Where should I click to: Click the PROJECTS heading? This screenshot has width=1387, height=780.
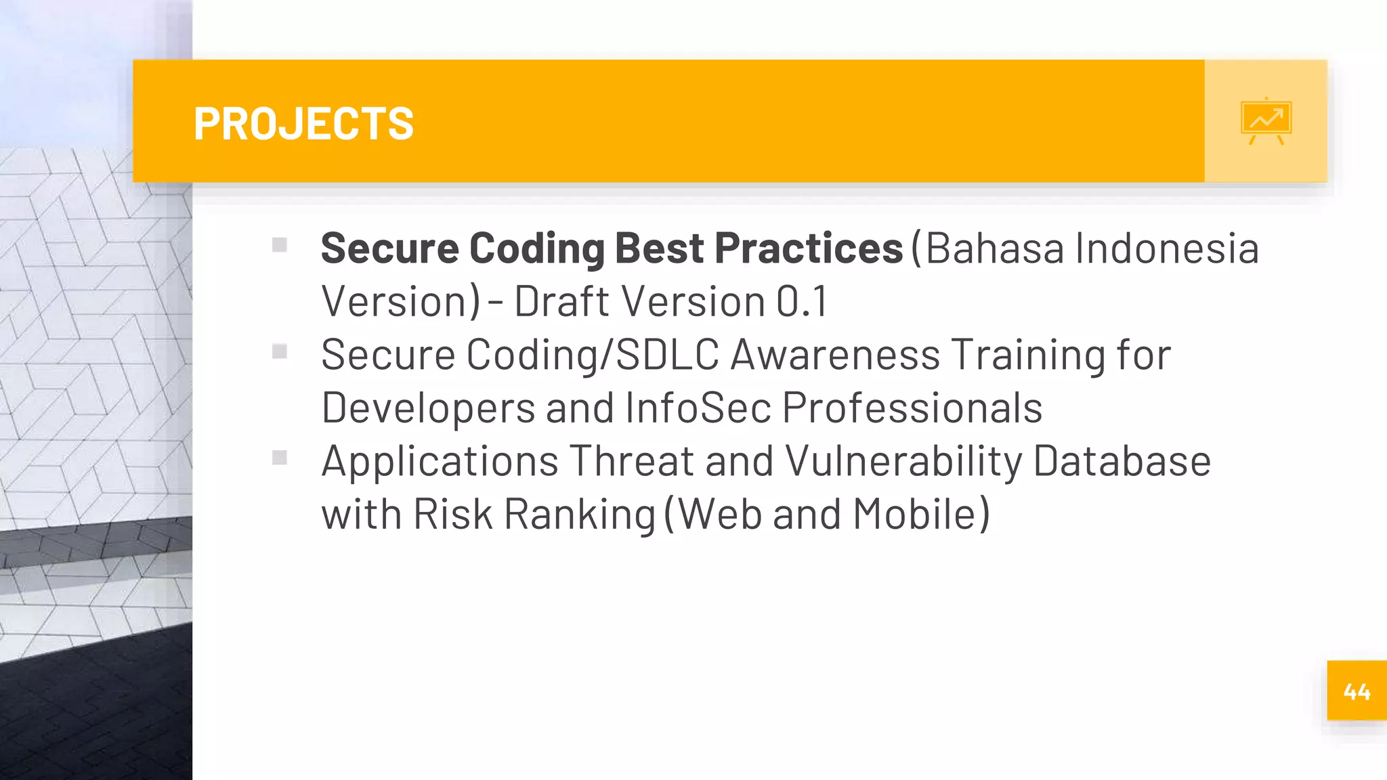point(303,123)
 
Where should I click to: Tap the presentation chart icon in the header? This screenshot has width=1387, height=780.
point(1266,121)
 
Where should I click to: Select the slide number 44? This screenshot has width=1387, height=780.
point(1357,691)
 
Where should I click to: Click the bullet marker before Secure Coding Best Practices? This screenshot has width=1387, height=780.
point(280,244)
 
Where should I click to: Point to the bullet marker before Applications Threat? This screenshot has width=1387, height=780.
point(280,458)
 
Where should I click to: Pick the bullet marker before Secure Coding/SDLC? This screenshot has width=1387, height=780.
point(280,351)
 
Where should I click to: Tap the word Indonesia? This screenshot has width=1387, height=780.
point(1167,248)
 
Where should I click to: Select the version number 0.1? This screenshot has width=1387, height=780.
point(802,301)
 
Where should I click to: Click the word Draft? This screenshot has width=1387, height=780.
point(562,301)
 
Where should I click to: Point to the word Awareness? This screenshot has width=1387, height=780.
point(835,354)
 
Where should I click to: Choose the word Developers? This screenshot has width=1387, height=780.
point(428,408)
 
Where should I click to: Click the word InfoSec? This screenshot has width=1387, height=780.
point(698,408)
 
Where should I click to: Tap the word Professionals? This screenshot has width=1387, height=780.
point(912,408)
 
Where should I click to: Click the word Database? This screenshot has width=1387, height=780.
point(1122,462)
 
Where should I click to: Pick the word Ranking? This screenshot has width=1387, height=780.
point(580,514)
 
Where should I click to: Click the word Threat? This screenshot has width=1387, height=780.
point(632,462)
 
